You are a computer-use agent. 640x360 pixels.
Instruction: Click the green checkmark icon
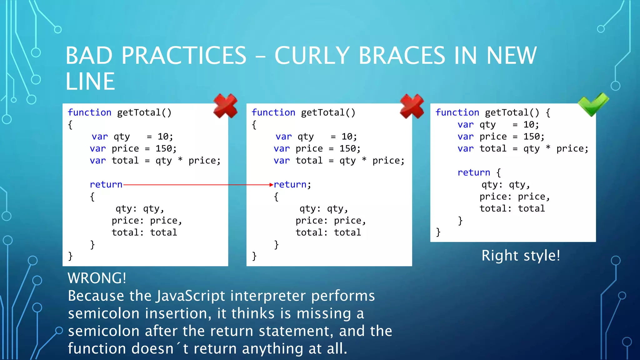pos(592,104)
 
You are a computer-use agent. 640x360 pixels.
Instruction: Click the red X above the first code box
pos(225,106)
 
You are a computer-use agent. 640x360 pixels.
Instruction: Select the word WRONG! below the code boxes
pos(97,278)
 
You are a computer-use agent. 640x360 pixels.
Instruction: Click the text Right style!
pos(521,256)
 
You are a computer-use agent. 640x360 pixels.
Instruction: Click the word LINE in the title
pos(90,82)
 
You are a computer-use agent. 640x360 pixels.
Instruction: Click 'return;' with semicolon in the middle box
pos(292,185)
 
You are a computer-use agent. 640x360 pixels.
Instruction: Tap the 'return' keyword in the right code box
pos(474,172)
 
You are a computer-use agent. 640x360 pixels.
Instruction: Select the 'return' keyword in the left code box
pos(106,185)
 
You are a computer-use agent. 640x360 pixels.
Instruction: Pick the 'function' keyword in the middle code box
pos(273,112)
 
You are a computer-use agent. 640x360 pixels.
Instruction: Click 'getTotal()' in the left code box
pos(144,112)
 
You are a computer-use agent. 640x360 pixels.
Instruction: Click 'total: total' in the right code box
pos(512,208)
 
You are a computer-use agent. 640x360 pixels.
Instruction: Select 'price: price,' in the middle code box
pos(331,221)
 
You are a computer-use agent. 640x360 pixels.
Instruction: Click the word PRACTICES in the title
pos(184,56)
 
